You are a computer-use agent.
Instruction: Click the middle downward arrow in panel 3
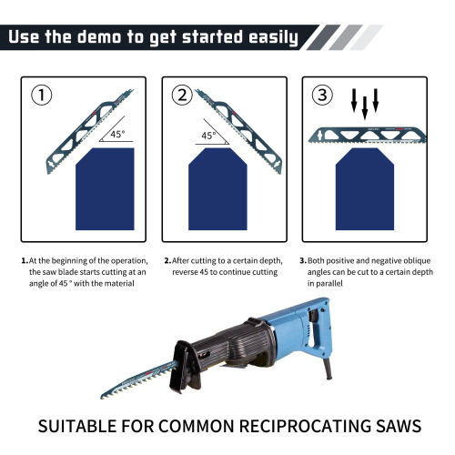click(x=365, y=107)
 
